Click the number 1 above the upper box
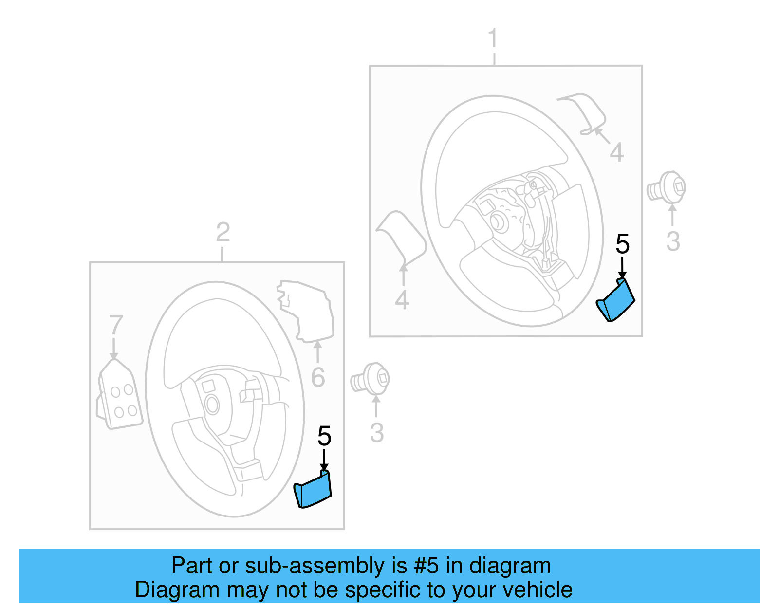pyautogui.click(x=493, y=38)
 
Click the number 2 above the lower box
pyautogui.click(x=223, y=232)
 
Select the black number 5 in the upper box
pyautogui.click(x=622, y=244)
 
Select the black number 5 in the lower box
pyautogui.click(x=324, y=436)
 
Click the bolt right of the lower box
pyautogui.click(x=371, y=379)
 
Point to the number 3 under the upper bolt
pyautogui.click(x=673, y=241)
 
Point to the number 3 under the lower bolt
pyautogui.click(x=377, y=433)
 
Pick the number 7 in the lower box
pyautogui.click(x=115, y=325)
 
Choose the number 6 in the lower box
pyautogui.click(x=317, y=377)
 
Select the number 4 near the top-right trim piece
pyautogui.click(x=616, y=152)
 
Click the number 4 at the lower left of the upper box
pyautogui.click(x=402, y=300)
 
